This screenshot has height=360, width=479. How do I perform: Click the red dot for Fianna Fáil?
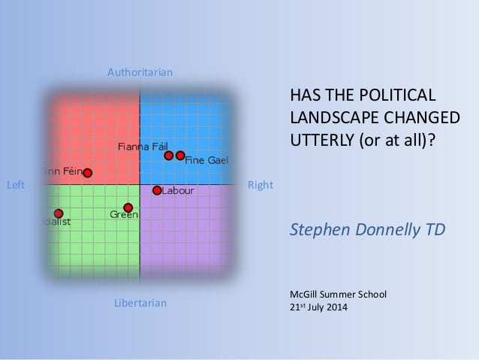(x=169, y=156)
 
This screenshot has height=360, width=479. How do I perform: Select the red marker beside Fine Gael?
(x=180, y=156)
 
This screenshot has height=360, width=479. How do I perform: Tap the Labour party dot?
(x=157, y=190)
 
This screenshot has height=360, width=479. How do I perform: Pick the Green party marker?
(x=128, y=207)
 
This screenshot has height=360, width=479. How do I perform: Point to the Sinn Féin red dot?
(x=88, y=173)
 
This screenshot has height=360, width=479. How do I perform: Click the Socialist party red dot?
(x=59, y=213)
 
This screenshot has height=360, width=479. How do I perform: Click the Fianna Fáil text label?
(x=142, y=146)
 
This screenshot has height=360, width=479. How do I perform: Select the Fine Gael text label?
(x=206, y=160)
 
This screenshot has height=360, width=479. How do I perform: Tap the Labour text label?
(x=179, y=191)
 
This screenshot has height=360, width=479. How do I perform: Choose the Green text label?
(x=123, y=216)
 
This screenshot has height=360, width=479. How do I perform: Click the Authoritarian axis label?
(x=140, y=73)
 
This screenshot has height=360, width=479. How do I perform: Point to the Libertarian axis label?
(x=140, y=303)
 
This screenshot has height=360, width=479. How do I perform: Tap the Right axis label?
(x=261, y=185)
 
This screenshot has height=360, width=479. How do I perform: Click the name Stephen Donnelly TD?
(x=367, y=228)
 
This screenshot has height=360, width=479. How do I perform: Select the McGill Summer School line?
(x=338, y=294)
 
